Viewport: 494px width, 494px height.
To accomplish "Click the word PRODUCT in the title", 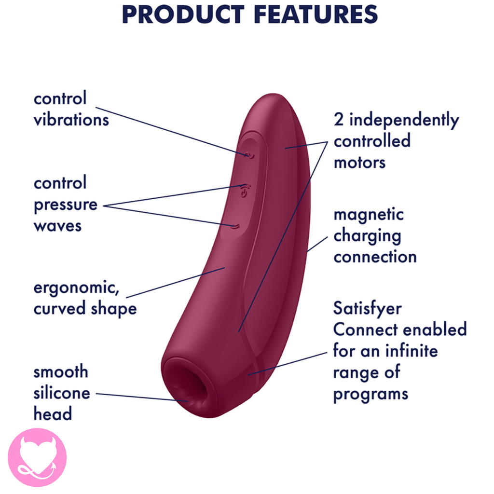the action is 183,14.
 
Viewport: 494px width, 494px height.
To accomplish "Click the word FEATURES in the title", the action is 316,14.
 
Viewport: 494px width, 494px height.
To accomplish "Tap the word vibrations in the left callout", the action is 71,120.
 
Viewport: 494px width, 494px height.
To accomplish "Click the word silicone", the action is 62,393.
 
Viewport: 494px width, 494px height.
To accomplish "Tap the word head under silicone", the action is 53,413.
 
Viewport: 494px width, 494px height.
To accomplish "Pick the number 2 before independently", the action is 338,120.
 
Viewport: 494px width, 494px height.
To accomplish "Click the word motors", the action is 359,163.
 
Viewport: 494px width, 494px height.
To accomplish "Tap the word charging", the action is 367,236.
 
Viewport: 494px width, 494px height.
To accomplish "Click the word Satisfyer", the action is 367,309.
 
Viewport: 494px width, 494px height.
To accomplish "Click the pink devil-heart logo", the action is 37,457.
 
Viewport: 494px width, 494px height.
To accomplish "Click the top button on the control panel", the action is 249,155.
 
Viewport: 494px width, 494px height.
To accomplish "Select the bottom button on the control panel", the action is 235,226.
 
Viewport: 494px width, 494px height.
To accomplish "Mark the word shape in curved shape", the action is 114,309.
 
